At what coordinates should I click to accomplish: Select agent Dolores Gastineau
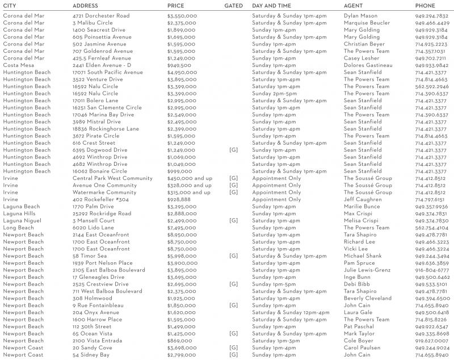pos(368,65)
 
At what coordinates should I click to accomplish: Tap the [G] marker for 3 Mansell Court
pos(233,220)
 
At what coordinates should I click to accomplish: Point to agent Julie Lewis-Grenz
pos(367,270)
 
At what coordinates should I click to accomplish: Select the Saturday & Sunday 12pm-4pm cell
pos(291,312)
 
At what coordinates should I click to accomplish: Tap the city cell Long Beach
pos(18,228)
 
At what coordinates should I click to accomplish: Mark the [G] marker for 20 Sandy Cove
pos(233,348)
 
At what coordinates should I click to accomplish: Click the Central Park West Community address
pos(112,178)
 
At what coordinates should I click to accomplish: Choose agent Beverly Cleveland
pos(367,298)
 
